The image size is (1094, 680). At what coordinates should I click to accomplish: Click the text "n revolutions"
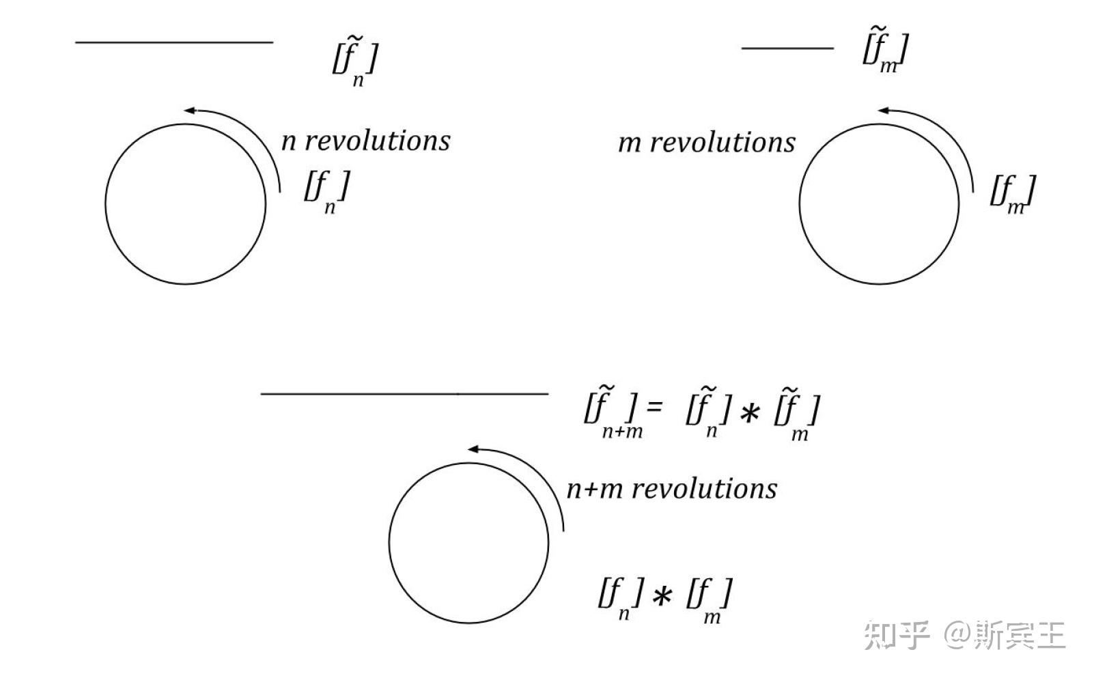coord(365,141)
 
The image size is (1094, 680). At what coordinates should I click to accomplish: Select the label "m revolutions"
coord(706,143)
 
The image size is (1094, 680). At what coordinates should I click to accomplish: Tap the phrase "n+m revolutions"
coord(671,489)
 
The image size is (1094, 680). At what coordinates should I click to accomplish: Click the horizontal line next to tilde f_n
coord(173,42)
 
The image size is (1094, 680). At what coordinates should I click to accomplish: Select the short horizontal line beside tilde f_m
coord(787,48)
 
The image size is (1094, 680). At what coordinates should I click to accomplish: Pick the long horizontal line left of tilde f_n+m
coord(404,393)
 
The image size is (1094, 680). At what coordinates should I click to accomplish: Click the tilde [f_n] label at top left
coord(354,59)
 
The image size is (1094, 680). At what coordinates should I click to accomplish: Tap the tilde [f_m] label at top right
coord(884,50)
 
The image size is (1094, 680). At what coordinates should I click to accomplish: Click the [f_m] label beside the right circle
coord(1012,193)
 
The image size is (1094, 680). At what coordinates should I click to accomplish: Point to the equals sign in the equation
coord(654,408)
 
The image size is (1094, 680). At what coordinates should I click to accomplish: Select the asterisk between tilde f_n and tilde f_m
coord(749,412)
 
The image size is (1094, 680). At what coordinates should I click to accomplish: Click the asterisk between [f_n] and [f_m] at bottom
coord(660,597)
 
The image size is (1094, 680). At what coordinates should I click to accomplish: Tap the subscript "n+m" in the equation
coord(621,431)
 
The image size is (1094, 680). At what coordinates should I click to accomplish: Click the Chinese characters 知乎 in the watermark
coord(897,635)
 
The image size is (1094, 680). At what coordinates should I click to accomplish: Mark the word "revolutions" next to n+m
coord(703,489)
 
